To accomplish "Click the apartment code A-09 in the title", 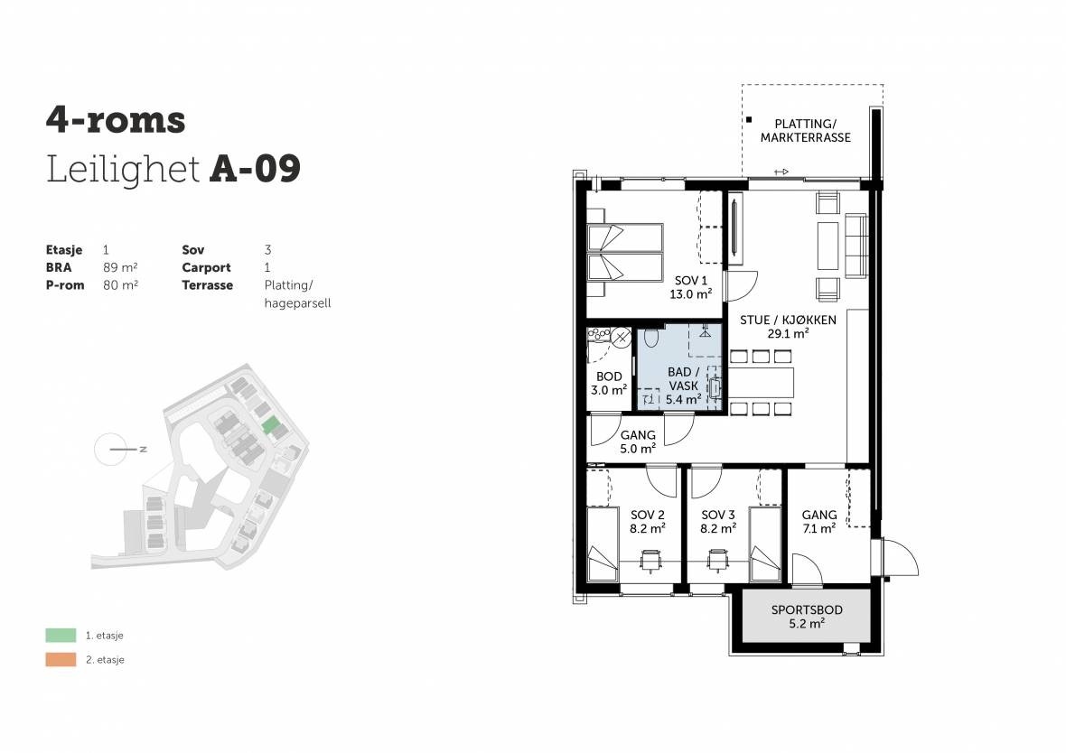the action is coord(255,169).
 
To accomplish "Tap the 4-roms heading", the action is coord(116,119).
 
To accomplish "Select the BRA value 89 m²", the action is coord(120,267).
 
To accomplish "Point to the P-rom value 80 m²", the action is coord(120,284).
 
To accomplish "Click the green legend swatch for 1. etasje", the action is coord(61,636).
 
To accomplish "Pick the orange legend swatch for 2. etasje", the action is coord(61,659).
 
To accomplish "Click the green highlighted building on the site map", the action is coord(271,425).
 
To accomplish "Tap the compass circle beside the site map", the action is coord(110,450).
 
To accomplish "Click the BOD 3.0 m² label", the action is coord(609,384).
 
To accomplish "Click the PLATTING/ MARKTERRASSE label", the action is coord(806,131).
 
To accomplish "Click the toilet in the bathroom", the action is coord(651,337).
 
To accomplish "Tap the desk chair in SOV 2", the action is coord(650,562).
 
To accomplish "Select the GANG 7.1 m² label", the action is coord(819,521).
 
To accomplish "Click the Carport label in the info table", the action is coord(206,267).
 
